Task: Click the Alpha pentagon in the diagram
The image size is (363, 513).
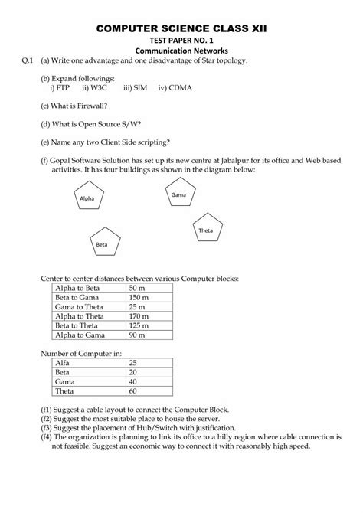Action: (87, 198)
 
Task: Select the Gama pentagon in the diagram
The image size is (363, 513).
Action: (178, 195)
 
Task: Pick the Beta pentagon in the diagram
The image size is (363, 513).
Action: (102, 244)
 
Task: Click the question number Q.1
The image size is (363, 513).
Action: (27, 60)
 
